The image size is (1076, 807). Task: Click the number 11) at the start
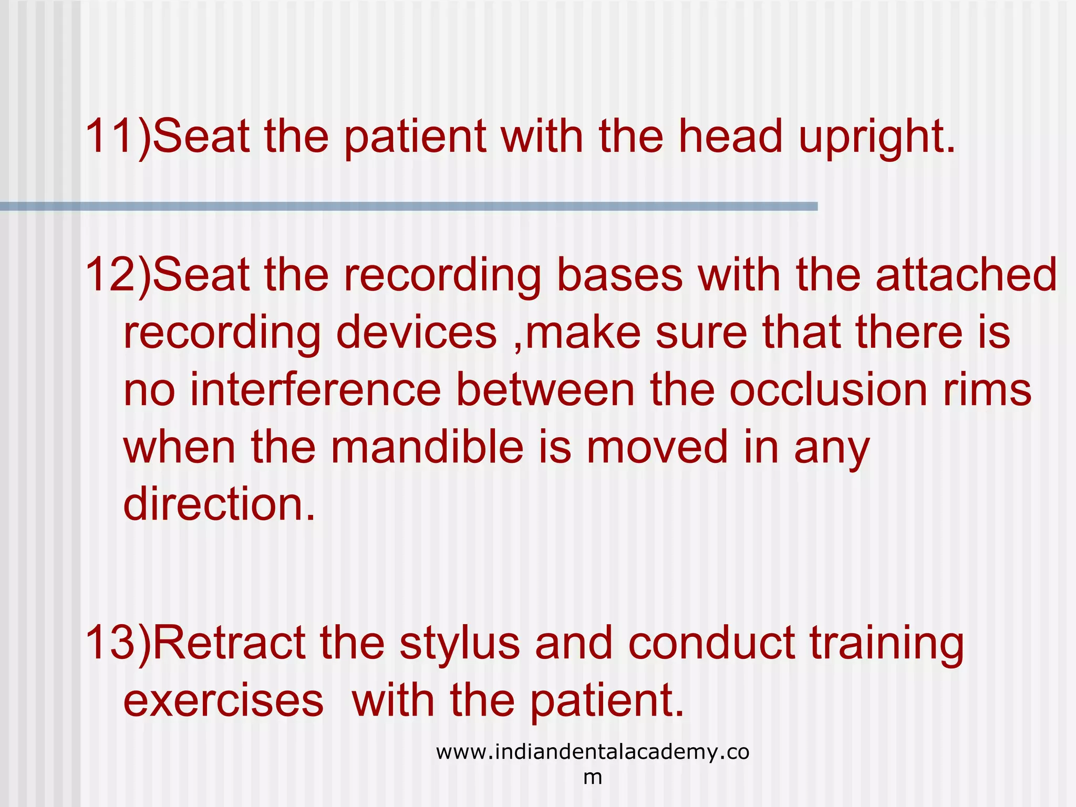117,137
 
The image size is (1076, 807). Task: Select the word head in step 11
731,137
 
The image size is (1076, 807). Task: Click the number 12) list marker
117,275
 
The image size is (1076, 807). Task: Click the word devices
416,333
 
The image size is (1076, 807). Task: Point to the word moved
657,447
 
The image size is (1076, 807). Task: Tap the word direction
219,504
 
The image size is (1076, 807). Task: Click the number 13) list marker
117,643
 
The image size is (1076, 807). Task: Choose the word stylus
460,644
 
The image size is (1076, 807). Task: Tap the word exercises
223,701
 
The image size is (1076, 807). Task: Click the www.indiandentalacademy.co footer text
592,752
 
